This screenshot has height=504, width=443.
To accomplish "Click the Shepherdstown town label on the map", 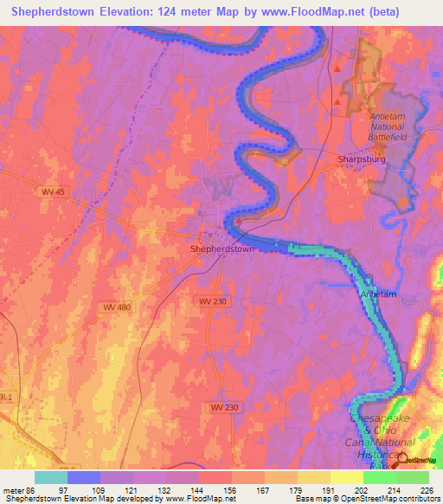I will click(221, 249).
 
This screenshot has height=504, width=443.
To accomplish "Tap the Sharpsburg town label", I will click(360, 159).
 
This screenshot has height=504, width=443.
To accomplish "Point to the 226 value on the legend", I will click(427, 489).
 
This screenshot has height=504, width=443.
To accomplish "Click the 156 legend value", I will click(229, 489).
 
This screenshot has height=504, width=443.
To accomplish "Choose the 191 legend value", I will click(328, 489).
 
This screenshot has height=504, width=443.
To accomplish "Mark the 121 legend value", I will click(130, 489).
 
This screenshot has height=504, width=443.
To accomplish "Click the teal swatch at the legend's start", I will click(51, 477).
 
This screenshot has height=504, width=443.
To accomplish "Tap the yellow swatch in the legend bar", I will click(345, 477).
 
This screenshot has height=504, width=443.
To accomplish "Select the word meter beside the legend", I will click(11, 489).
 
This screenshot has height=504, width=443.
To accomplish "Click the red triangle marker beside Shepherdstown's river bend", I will click(237, 220).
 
